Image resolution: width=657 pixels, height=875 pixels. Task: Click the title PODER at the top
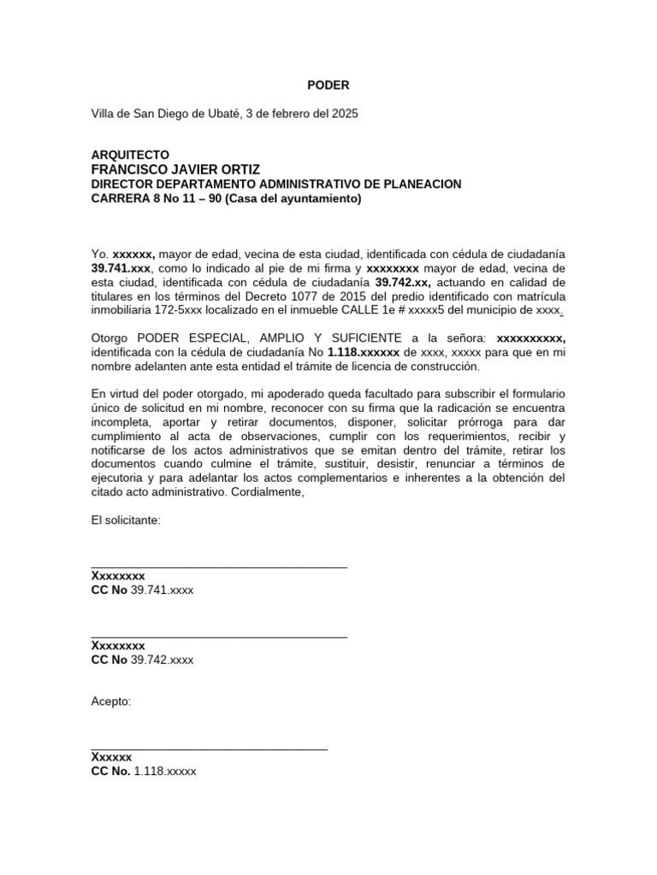[328, 85]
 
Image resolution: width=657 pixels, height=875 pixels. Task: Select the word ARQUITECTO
[130, 155]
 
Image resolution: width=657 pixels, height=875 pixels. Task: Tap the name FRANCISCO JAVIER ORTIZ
[175, 169]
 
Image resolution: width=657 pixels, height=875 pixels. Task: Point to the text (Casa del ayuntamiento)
[297, 199]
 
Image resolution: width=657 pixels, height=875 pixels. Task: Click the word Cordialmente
[267, 492]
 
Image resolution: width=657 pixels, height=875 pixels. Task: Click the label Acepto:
[111, 702]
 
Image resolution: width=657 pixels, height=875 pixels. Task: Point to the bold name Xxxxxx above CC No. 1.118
[112, 757]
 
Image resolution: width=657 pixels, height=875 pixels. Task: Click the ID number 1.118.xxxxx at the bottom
[165, 771]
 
